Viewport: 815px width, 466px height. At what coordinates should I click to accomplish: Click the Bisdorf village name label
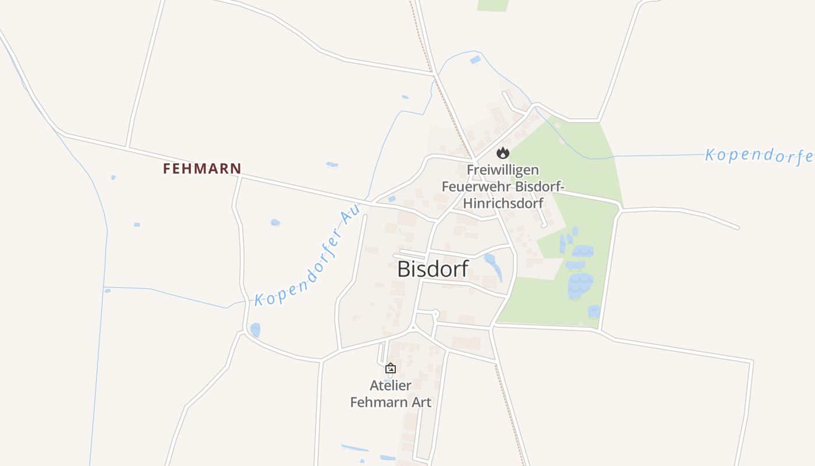coord(433,269)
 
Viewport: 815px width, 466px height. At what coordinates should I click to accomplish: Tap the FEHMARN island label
coord(201,169)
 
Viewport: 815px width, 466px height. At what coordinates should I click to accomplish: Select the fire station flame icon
coord(503,153)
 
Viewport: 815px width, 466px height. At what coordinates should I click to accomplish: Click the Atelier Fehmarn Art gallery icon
coord(391,368)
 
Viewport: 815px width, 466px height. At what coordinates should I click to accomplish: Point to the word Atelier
coord(391,386)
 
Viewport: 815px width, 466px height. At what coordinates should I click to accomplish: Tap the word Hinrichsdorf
coord(503,203)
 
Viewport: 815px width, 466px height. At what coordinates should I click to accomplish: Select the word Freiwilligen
coord(503,170)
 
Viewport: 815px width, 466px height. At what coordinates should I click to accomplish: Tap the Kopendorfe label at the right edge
coord(759,156)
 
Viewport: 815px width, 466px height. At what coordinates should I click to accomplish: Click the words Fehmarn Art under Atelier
coord(391,403)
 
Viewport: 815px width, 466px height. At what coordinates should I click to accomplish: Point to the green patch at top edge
coord(492,5)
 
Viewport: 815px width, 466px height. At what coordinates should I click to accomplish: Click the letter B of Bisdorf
coord(405,269)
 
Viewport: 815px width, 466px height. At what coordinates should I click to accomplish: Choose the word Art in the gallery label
coord(421,403)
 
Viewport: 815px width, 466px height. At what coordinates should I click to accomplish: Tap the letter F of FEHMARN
coord(167,169)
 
